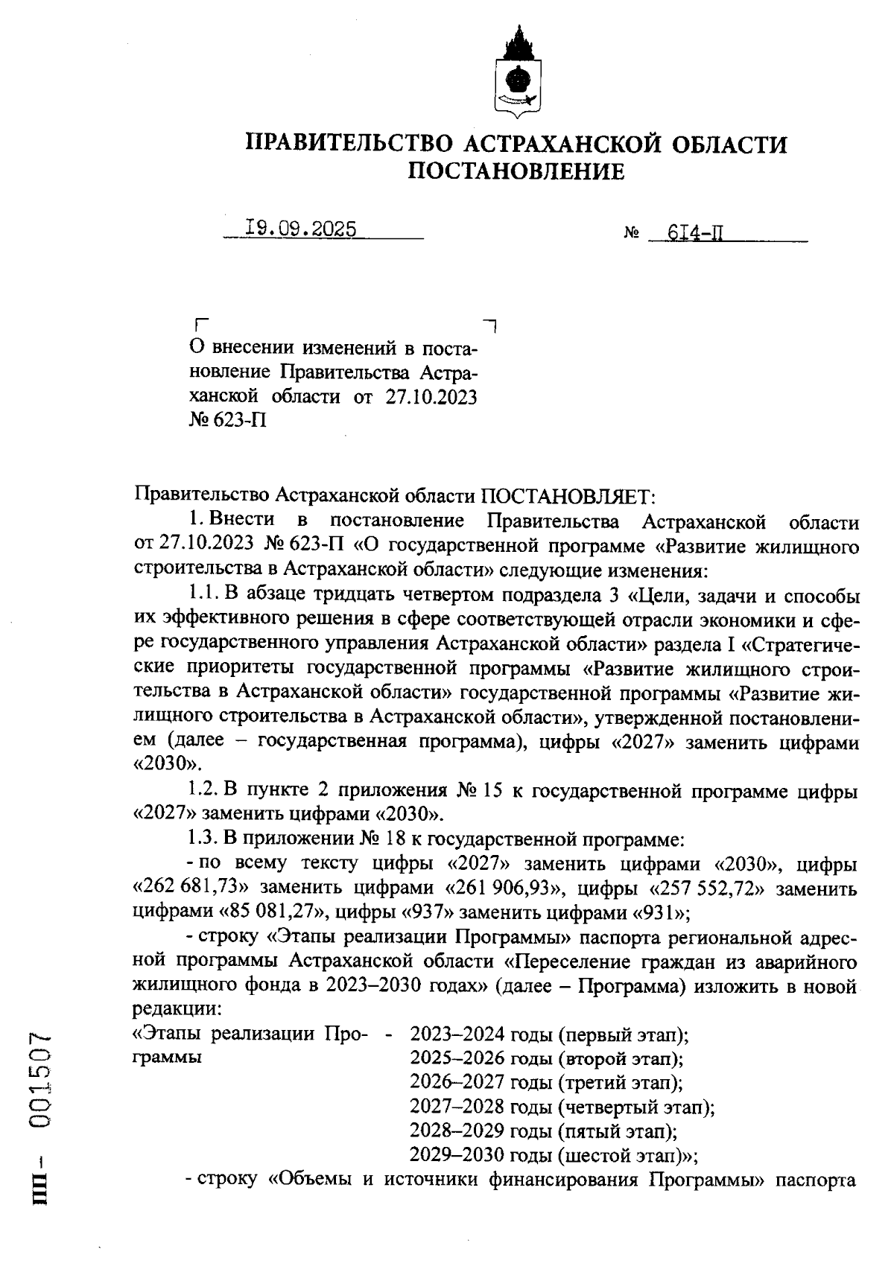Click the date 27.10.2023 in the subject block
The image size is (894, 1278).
click(431, 396)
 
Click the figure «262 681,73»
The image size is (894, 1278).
click(186, 888)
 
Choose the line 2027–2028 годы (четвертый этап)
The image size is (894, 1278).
click(562, 1107)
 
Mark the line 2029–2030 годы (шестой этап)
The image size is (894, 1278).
click(554, 1155)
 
